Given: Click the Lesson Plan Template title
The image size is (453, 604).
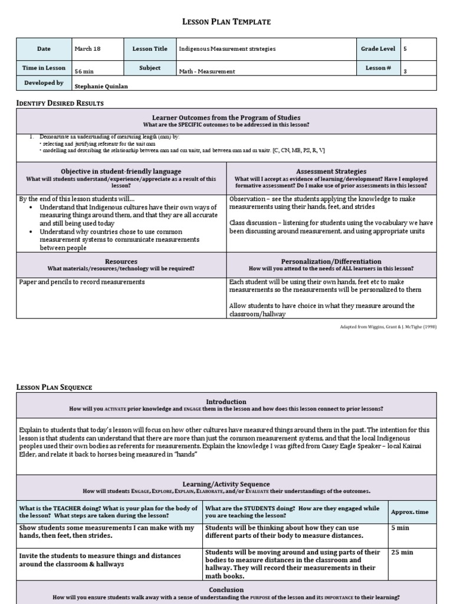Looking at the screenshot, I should pyautogui.click(x=226, y=22).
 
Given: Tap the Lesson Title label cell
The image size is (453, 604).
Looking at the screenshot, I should pyautogui.click(x=150, y=49).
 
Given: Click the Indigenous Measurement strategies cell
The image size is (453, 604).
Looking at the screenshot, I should pyautogui.click(x=227, y=49).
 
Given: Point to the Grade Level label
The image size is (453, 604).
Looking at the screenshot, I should pyautogui.click(x=378, y=49).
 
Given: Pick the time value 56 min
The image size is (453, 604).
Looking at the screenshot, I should pyautogui.click(x=84, y=71).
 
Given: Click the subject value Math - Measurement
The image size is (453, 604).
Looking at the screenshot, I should pyautogui.click(x=207, y=71).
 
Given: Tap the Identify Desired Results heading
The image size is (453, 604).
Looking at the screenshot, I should pyautogui.click(x=60, y=103).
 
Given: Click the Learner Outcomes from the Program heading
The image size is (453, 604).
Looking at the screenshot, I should pyautogui.click(x=226, y=117).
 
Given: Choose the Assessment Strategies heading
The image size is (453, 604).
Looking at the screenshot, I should pyautogui.click(x=331, y=171).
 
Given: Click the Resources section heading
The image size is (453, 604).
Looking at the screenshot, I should pyautogui.click(x=121, y=261).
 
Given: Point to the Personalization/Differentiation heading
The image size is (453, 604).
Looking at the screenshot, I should pyautogui.click(x=331, y=261).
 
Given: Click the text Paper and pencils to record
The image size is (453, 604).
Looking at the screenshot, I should pyautogui.click(x=81, y=282).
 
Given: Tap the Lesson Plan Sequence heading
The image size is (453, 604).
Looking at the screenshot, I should pyautogui.click(x=54, y=387).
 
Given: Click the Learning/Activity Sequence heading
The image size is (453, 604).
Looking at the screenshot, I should pyautogui.click(x=226, y=484).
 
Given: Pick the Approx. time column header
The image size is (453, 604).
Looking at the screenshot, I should pyautogui.click(x=411, y=512).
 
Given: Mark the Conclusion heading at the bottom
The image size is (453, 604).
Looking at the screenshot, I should pyautogui.click(x=226, y=589).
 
